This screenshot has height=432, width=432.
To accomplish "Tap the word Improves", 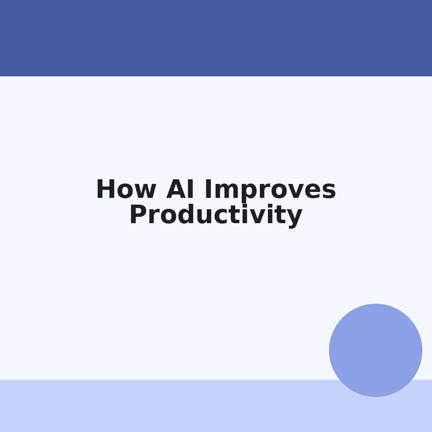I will tap(270, 189).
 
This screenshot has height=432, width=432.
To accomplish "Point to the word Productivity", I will tap(216, 215).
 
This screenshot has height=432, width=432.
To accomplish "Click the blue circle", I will tap(375, 350).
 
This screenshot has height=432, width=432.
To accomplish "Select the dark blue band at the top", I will tap(216, 38).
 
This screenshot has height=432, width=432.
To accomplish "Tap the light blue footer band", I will tap(162, 406).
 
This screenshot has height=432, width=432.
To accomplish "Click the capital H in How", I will tap(105, 189).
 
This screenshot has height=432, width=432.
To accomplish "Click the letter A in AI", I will tap(175, 189).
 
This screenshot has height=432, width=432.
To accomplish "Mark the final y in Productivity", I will tap(295, 217).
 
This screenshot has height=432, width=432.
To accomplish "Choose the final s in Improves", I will tap(329, 191).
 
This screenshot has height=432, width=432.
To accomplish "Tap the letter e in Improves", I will tap(313, 191).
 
